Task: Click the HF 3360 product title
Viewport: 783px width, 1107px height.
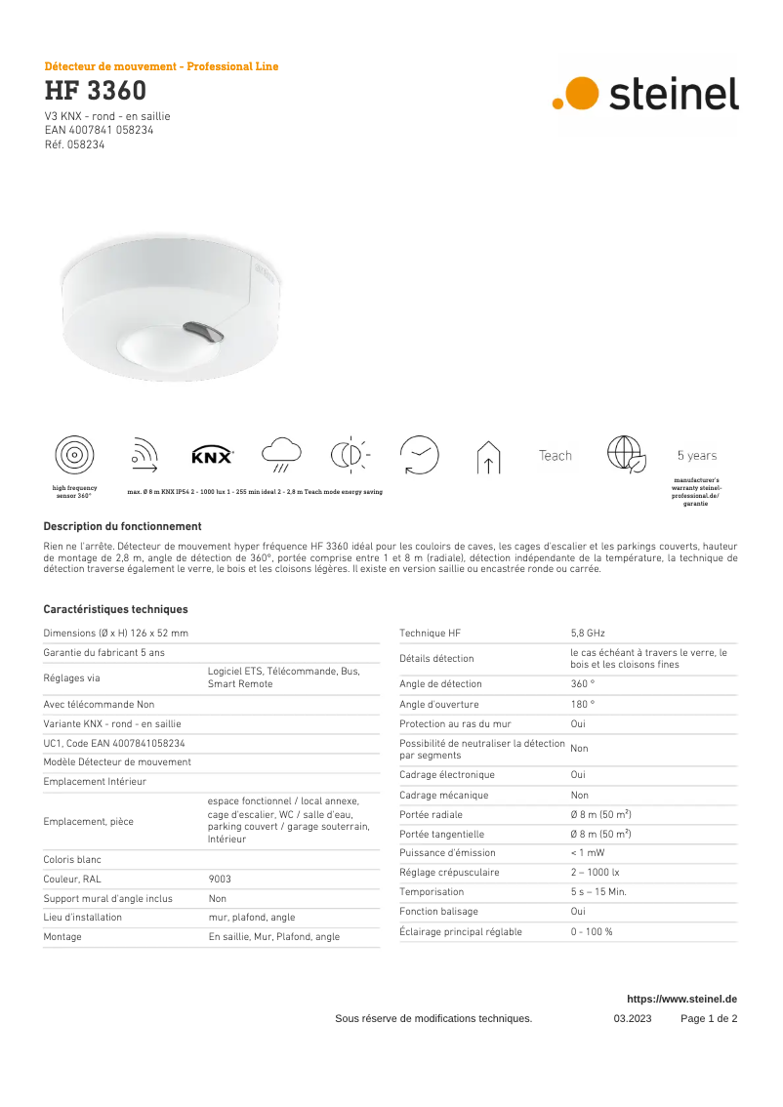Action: click(96, 92)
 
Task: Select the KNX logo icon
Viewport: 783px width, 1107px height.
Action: click(212, 456)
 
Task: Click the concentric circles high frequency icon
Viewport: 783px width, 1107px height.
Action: click(75, 456)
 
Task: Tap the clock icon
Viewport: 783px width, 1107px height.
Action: click(420, 455)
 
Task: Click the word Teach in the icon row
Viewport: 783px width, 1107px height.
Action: click(556, 456)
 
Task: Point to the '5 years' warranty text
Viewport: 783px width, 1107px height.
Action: click(696, 456)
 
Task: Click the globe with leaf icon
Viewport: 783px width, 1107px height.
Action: click(626, 455)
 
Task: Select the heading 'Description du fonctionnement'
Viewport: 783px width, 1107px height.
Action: click(123, 526)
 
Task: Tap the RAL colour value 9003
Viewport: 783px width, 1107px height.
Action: click(220, 879)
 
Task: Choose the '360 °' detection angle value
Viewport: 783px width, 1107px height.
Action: click(582, 684)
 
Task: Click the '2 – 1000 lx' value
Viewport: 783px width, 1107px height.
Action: click(595, 872)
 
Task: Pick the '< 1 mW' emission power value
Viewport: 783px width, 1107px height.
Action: click(587, 852)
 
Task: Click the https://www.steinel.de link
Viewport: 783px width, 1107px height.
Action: click(681, 999)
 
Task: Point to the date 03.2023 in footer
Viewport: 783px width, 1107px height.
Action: click(632, 1018)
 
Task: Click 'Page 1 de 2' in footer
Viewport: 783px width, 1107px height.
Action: click(709, 1018)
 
